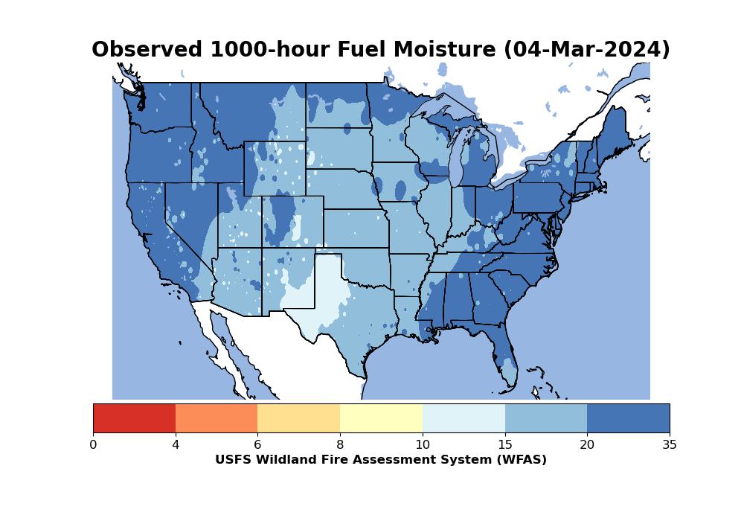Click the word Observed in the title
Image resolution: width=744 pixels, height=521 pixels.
click(147, 49)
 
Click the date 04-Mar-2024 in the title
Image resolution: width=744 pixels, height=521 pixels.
click(587, 49)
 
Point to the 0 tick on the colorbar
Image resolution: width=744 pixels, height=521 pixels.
click(93, 445)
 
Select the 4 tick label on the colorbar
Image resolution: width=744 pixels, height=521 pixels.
click(176, 445)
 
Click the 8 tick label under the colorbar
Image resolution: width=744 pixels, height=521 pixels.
click(340, 445)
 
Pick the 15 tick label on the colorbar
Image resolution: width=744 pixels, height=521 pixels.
click(505, 445)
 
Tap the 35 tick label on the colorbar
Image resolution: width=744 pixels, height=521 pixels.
click(670, 445)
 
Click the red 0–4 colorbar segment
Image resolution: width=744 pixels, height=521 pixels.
click(134, 418)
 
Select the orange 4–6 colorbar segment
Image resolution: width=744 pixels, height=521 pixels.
click(217, 418)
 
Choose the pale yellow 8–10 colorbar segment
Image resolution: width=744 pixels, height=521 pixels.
click(382, 418)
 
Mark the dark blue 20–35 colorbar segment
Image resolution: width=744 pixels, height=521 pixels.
click(628, 418)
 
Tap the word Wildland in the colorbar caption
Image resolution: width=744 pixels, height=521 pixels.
click(280, 460)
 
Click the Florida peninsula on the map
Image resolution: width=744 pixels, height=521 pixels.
click(504, 351)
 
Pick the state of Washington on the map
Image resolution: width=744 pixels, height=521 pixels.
click(161, 104)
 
